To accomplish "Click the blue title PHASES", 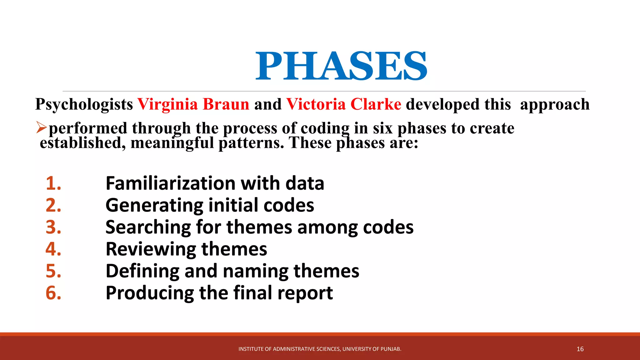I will pos(341,66).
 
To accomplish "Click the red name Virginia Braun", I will pos(193,104).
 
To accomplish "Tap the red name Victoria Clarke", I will pos(343,104).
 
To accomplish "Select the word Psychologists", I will pos(84,105).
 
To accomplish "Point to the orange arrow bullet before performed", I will pos(41,127).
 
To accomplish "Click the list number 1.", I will pos(53,183).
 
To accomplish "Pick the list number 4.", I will pos(53,249).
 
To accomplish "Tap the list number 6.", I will pos(53,293).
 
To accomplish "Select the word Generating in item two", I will pos(154,206).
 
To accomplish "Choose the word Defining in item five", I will pos(142,271).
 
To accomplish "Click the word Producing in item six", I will pos(150,293).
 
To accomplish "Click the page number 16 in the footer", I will pos(580,349).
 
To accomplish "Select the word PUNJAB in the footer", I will pos(390,349).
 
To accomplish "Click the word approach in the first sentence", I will pos(555,105).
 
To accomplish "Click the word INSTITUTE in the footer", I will pos(251,349).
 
